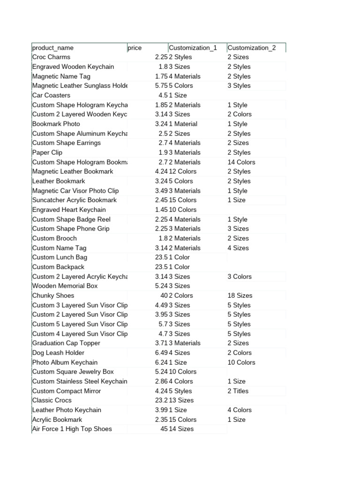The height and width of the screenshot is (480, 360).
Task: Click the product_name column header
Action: [x=53, y=48]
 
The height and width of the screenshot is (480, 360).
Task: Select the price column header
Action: [x=135, y=48]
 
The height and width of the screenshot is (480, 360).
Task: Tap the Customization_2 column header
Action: [x=251, y=48]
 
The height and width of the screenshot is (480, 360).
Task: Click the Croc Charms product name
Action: [x=51, y=57]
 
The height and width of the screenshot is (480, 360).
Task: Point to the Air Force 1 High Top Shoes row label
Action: [x=72, y=429]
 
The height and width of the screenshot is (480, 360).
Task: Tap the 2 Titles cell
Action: [x=238, y=391]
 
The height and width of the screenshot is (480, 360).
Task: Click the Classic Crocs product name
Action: [x=52, y=400]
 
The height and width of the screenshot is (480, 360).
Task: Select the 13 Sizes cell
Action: [x=181, y=400]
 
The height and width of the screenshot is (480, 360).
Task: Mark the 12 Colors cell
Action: [x=182, y=172]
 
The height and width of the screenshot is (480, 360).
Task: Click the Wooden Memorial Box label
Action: [x=65, y=286]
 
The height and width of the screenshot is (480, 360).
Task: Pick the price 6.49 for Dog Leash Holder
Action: [x=161, y=352]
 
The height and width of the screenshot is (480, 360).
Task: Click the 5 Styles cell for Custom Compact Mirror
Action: [x=180, y=391]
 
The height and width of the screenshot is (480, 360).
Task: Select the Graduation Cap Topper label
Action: [x=66, y=343]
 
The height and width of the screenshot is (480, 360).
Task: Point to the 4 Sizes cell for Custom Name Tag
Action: [x=238, y=248]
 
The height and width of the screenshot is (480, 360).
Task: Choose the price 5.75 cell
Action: [x=161, y=86]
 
